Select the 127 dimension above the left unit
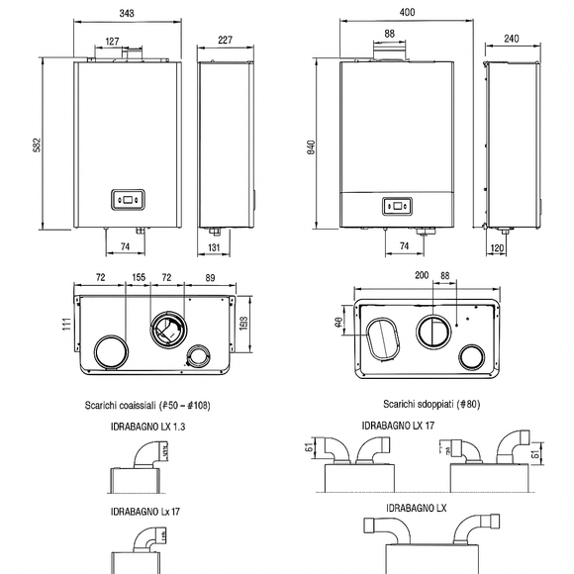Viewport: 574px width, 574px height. point(113,41)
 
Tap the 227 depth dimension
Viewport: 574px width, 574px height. point(226,41)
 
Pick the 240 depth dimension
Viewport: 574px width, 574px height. point(511,40)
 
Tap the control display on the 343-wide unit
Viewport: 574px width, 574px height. point(128,199)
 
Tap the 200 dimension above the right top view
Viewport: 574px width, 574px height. point(393,274)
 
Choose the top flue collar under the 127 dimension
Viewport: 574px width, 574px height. point(126,61)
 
